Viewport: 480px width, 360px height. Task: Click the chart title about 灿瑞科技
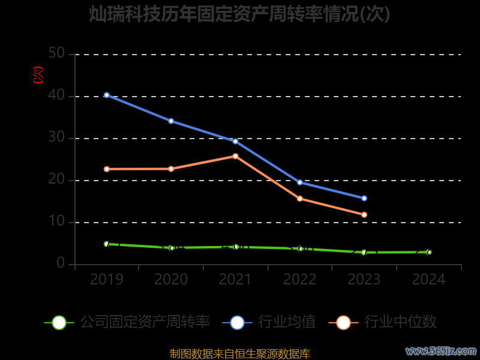pyautogui.click(x=240, y=14)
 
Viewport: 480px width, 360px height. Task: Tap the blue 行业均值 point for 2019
pyautogui.click(x=107, y=95)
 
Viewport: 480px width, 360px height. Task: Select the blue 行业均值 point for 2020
pyautogui.click(x=171, y=121)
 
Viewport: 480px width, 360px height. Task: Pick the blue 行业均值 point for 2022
pyautogui.click(x=300, y=182)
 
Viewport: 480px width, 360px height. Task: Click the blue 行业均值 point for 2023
pyautogui.click(x=364, y=198)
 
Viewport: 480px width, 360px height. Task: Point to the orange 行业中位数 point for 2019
pyautogui.click(x=107, y=169)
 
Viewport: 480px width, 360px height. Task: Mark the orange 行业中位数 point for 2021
pyautogui.click(x=235, y=156)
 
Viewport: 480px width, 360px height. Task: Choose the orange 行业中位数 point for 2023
pyautogui.click(x=364, y=215)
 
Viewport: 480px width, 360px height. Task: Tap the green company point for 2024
pyautogui.click(x=429, y=252)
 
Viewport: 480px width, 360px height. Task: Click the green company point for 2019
pyautogui.click(x=107, y=244)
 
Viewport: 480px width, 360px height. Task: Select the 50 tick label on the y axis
pyautogui.click(x=56, y=54)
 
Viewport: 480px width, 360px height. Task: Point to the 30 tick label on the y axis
pyautogui.click(x=56, y=138)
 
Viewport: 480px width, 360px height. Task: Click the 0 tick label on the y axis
pyautogui.click(x=61, y=264)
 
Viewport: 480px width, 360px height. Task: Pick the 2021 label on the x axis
pyautogui.click(x=235, y=280)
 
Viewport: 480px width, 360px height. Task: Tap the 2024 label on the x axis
pyautogui.click(x=429, y=280)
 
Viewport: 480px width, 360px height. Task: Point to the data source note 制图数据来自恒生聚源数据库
pyautogui.click(x=240, y=354)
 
